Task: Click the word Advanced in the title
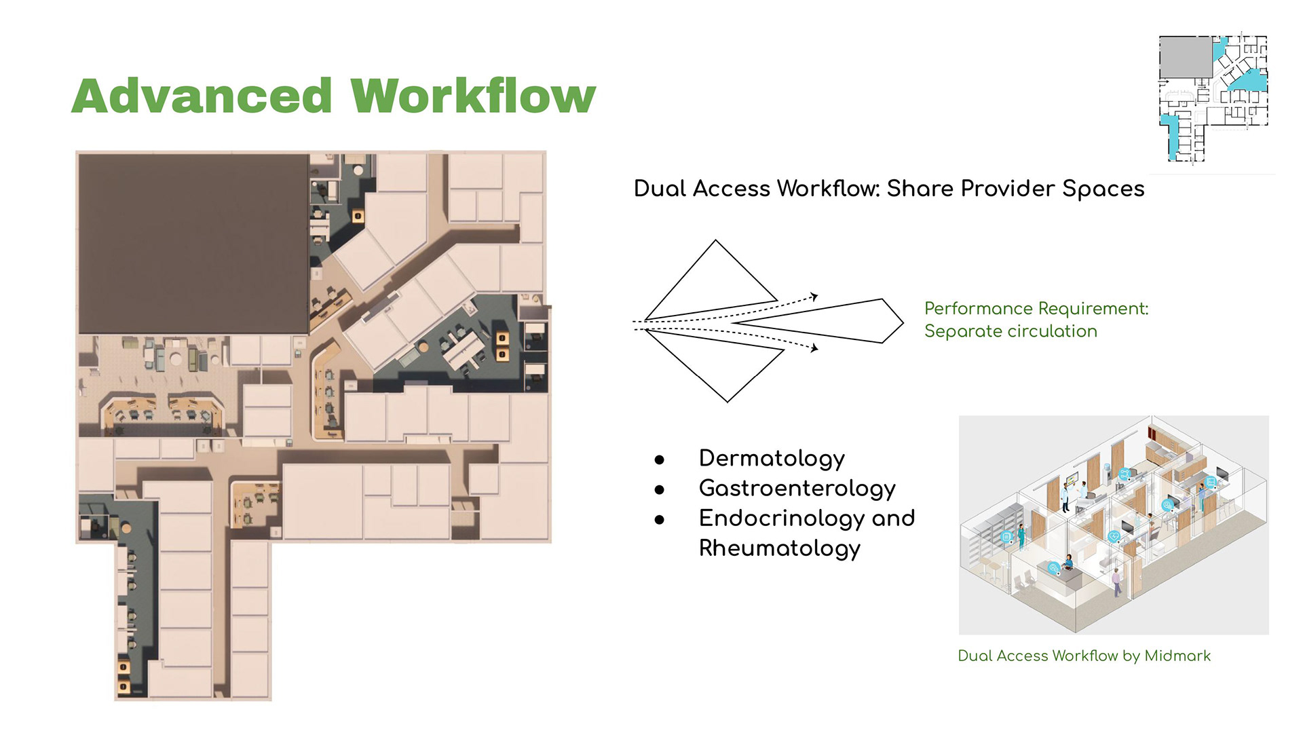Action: click(202, 96)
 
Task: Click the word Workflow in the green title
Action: click(473, 96)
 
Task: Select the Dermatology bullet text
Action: click(772, 459)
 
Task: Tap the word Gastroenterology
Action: click(797, 489)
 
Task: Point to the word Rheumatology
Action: click(780, 548)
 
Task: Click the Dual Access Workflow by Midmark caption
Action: click(1084, 656)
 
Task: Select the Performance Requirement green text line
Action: click(1036, 309)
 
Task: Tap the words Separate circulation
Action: click(1011, 331)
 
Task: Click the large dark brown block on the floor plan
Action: click(193, 243)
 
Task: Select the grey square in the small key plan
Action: click(1186, 57)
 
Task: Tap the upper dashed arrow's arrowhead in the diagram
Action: click(814, 297)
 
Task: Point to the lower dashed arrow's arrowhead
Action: click(814, 348)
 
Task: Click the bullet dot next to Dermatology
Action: click(659, 459)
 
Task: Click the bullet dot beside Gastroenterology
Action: click(659, 489)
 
